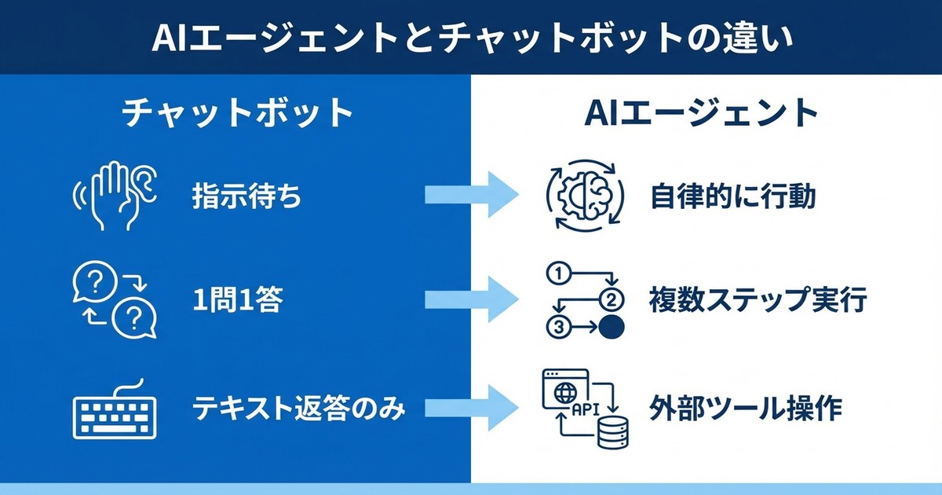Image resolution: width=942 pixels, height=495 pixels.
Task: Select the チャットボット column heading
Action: coord(237,114)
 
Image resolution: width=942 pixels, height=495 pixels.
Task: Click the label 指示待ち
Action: coord(246,196)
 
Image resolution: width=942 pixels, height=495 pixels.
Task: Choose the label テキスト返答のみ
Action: coord(299,409)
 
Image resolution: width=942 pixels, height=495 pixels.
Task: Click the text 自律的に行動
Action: coord(732,196)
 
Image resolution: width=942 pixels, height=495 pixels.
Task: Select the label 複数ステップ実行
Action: coord(758,301)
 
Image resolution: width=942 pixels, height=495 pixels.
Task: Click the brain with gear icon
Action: coord(586,196)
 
